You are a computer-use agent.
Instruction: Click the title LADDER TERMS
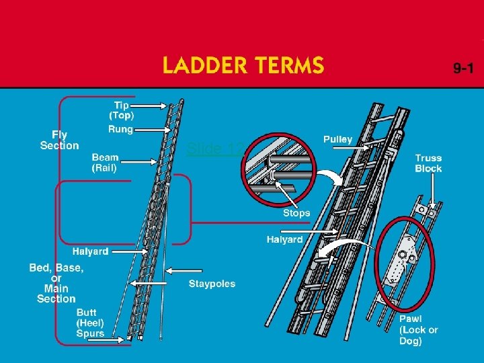click(243, 66)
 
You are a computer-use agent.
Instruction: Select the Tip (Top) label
click(121, 110)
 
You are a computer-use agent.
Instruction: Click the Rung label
click(120, 128)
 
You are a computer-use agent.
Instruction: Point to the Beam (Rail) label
click(106, 163)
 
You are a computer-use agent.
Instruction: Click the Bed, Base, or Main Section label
click(56, 283)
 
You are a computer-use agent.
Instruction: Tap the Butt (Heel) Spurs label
click(91, 323)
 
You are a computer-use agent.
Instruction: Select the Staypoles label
click(212, 284)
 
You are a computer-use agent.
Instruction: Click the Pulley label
click(337, 139)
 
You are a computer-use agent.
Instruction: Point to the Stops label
click(296, 212)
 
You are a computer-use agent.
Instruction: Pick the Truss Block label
click(428, 163)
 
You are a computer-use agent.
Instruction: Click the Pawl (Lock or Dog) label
click(418, 330)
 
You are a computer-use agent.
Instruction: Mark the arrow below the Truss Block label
click(431, 191)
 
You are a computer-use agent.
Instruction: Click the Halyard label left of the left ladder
click(90, 251)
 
